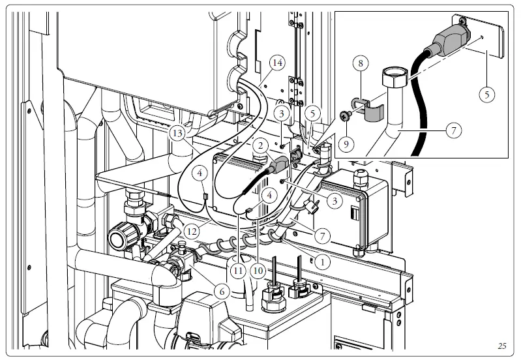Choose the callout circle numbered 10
click(x=260, y=269)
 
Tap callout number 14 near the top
click(x=277, y=63)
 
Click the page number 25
click(x=501, y=346)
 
